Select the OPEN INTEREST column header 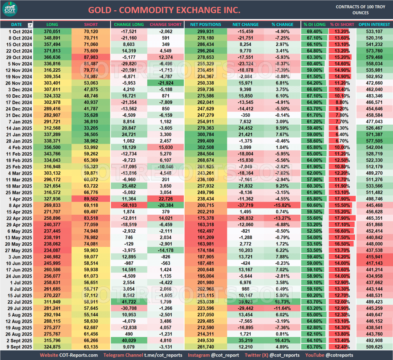coord(374,25)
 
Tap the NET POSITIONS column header coord(205,25)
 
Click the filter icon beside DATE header coord(30,25)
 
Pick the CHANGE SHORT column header coord(166,25)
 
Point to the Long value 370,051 coord(53,31)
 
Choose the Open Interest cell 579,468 coord(374,57)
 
